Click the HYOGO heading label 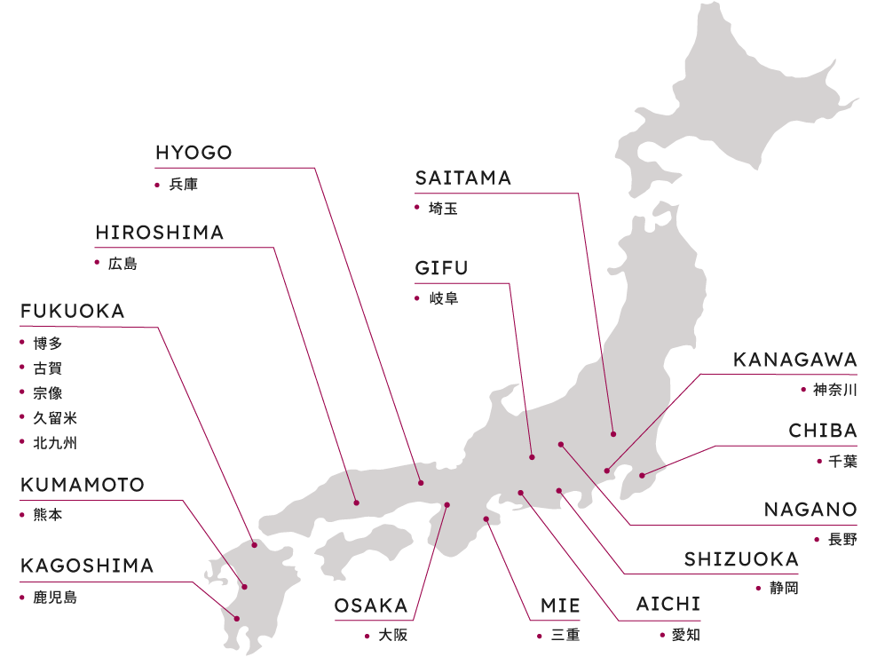194,153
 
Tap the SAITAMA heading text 463,178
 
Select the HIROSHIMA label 160,233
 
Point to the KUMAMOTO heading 82,486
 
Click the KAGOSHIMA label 87,566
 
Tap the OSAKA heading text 371,606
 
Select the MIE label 561,606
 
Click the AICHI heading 668,605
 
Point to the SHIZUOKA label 741,559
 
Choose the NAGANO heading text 811,511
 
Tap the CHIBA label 823,431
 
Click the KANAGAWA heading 795,360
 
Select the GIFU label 441,268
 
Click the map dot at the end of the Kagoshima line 237,618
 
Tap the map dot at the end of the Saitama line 613,433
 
